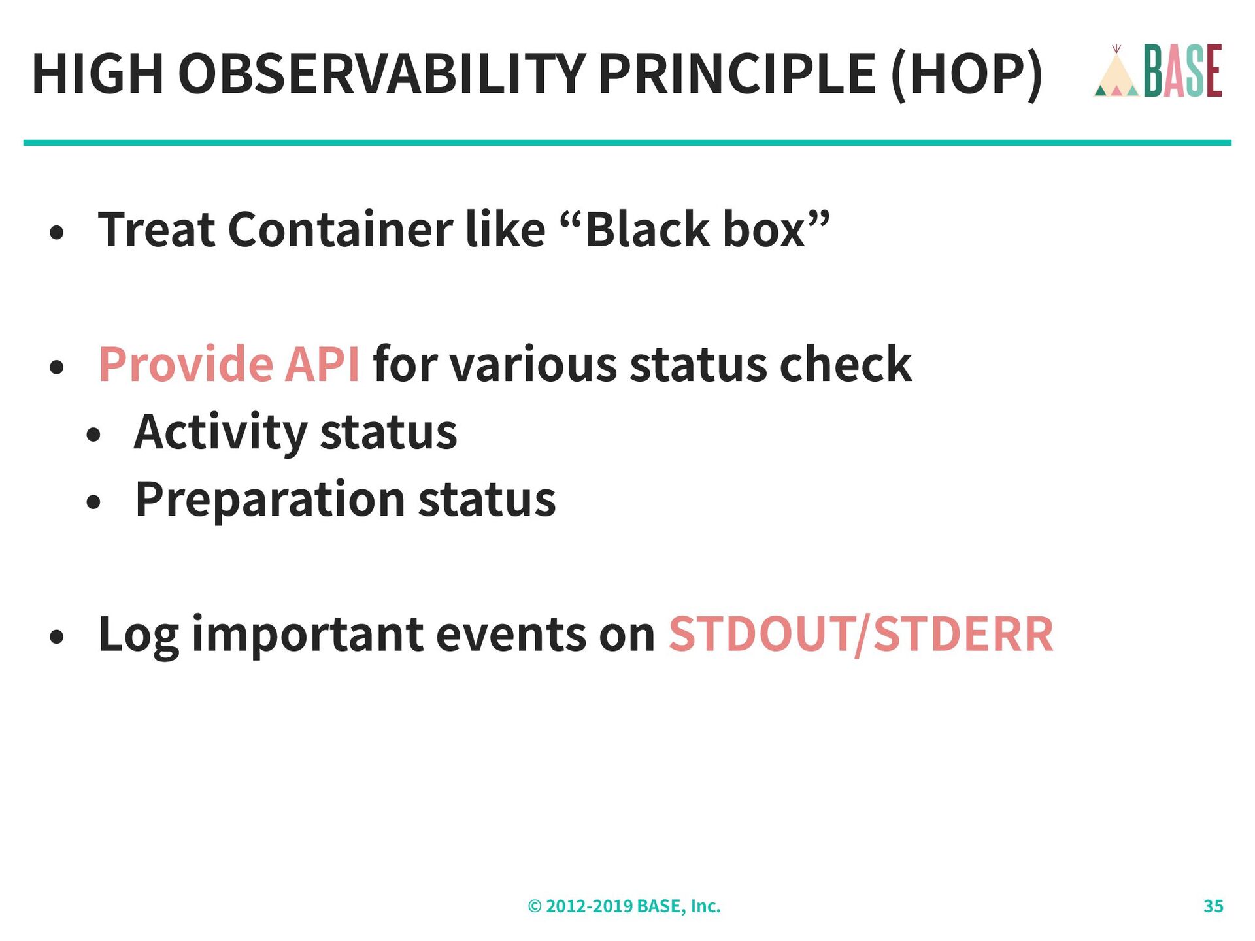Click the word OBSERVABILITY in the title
[x=382, y=73]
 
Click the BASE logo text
[x=1182, y=71]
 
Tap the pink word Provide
[x=184, y=363]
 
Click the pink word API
[x=322, y=364]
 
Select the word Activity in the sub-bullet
[x=220, y=433]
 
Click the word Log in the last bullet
[x=139, y=635]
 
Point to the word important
[x=307, y=635]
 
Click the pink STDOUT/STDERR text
[x=861, y=634]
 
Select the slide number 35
[x=1213, y=906]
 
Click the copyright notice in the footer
[x=624, y=906]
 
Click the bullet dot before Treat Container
[x=58, y=233]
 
